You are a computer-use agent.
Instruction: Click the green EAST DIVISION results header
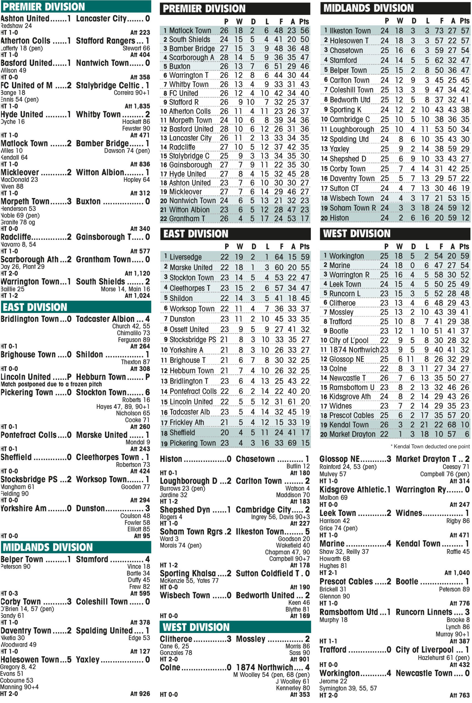[76, 307]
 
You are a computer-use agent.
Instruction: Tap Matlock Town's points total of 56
[304, 30]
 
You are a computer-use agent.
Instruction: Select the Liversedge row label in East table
[185, 257]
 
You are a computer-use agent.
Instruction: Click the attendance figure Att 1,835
[137, 106]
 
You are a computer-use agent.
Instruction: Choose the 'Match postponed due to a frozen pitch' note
[51, 384]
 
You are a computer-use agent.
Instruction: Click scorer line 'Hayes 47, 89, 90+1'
[123, 406]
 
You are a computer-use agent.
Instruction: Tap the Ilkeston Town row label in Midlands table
[350, 31]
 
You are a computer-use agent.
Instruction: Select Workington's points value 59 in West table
[465, 256]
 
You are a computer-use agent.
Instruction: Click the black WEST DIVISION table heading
[395, 233]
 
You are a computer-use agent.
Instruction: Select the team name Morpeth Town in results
[25, 201]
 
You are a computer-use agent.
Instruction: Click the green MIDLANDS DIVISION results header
[76, 547]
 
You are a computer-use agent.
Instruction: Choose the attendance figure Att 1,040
[457, 573]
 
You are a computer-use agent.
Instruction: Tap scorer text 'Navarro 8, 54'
[19, 244]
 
